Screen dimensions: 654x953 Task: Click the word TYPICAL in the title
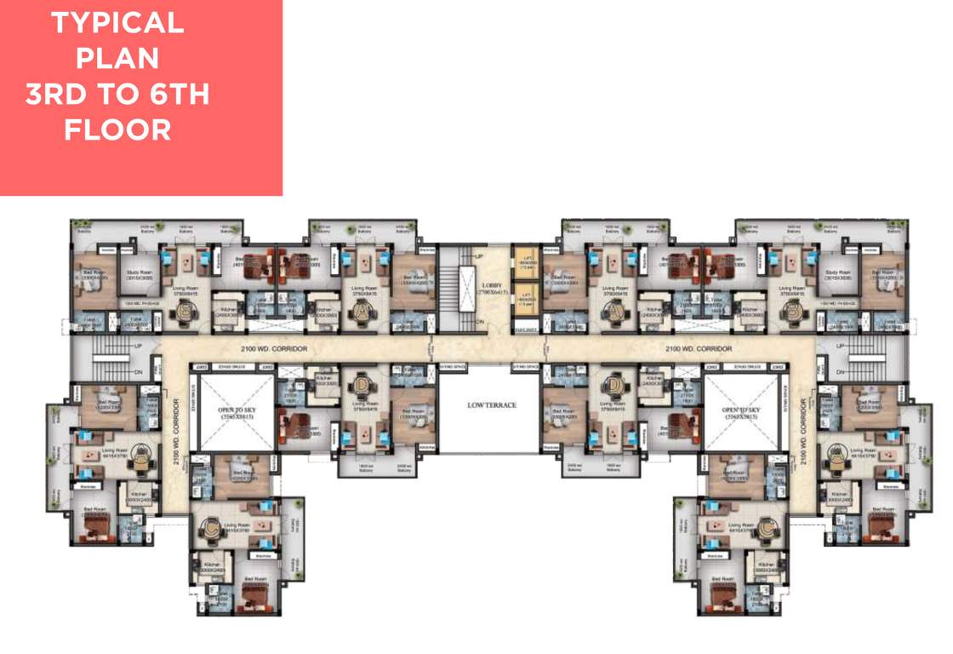(x=117, y=23)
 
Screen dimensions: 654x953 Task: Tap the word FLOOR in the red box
(x=117, y=130)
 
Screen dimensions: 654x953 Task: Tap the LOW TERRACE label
(x=491, y=404)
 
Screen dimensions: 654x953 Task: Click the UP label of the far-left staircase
(x=138, y=346)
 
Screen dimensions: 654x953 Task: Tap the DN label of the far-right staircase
(x=841, y=373)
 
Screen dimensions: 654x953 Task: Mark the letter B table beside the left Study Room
(x=185, y=313)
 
